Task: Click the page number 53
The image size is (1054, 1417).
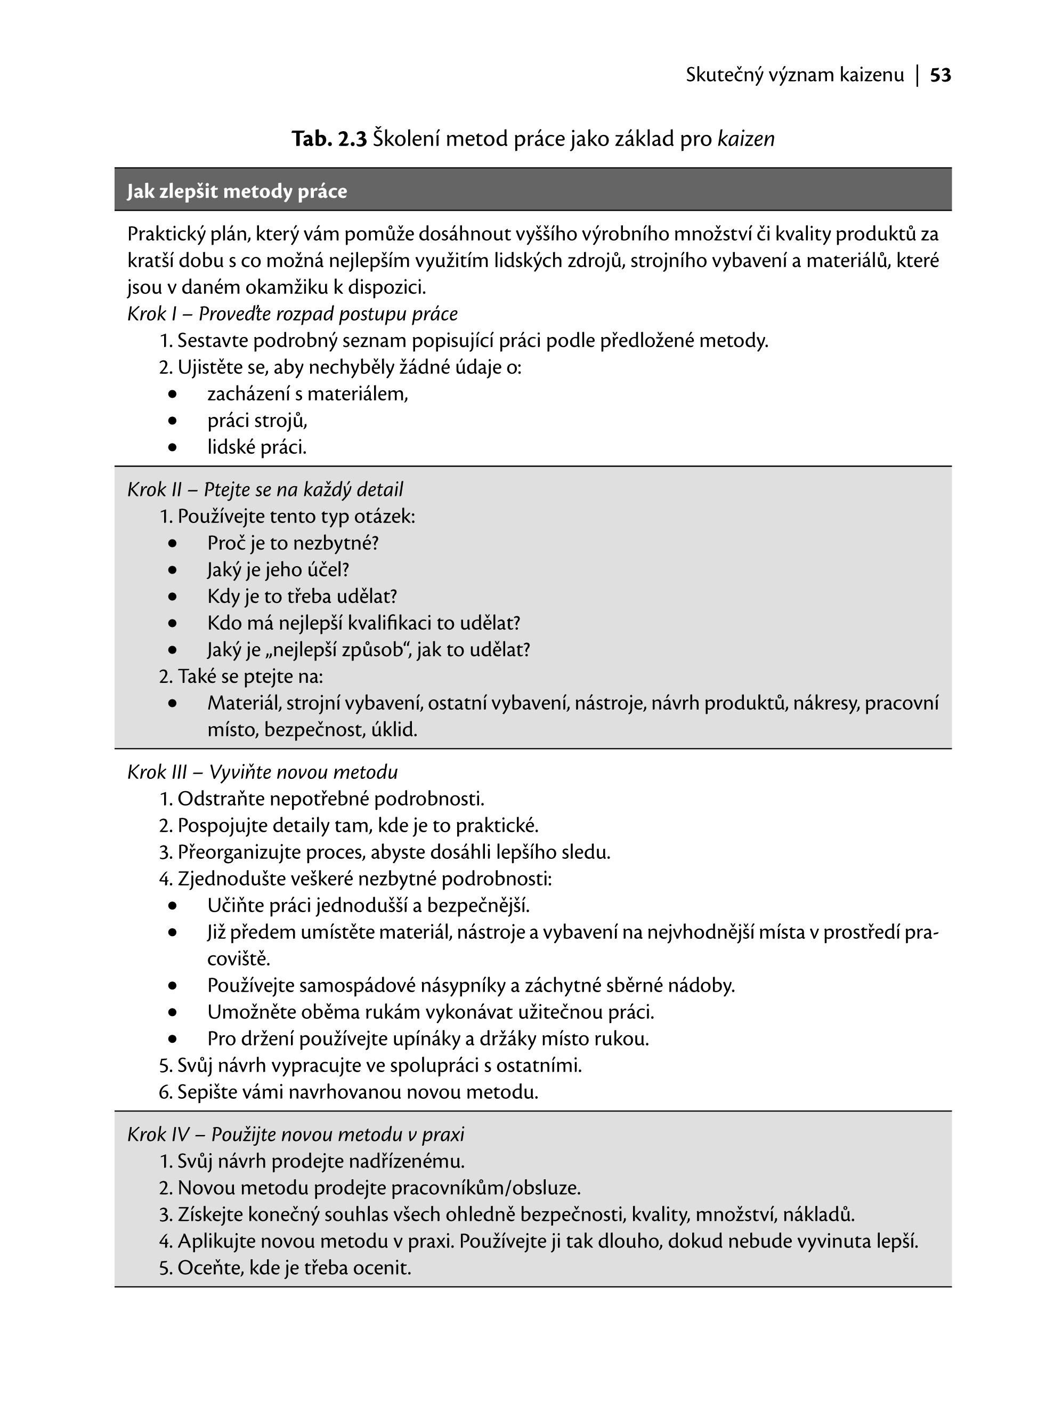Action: pos(941,75)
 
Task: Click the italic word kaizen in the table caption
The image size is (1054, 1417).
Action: pos(746,139)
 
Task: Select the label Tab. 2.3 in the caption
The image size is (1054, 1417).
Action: pos(329,139)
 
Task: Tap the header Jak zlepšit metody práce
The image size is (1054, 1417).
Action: pos(237,191)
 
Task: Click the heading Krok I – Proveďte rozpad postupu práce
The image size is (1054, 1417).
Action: pos(292,314)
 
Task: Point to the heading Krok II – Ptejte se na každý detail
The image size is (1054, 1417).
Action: pos(265,489)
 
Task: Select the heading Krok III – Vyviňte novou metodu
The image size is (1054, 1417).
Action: pos(262,772)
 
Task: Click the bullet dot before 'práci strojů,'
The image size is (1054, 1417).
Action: pos(172,421)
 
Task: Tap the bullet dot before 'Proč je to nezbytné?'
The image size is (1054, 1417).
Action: pos(172,544)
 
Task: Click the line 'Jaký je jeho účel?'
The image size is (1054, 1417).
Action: pos(278,570)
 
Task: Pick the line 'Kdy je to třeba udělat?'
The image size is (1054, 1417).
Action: pos(302,597)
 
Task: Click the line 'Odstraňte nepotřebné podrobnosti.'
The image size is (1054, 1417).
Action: pos(330,799)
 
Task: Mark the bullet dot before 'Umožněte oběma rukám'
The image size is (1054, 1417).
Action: pos(172,1013)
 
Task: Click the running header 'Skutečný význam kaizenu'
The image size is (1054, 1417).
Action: pos(795,75)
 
